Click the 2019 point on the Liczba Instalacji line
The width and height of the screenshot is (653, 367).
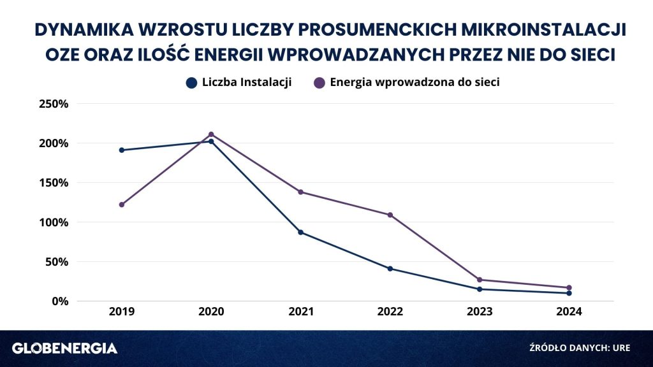tap(122, 150)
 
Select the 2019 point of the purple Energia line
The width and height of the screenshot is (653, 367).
tap(122, 205)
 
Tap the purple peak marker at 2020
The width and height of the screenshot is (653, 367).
tap(211, 134)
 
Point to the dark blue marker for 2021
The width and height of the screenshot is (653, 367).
tap(301, 232)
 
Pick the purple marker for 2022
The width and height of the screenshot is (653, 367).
tap(390, 215)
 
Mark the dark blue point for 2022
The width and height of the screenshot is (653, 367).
tap(390, 269)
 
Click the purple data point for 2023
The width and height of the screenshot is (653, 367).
tap(480, 280)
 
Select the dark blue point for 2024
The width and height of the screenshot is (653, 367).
tap(569, 293)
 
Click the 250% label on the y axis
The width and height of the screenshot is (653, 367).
tap(54, 104)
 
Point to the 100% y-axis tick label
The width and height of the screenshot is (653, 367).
tap(54, 222)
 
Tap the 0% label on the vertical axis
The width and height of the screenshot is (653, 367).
tap(60, 301)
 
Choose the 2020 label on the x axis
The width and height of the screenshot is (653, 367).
tap(211, 312)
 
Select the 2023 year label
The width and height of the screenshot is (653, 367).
tap(480, 312)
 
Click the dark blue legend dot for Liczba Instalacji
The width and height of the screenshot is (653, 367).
tap(191, 83)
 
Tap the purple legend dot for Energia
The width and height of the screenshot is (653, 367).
tap(319, 83)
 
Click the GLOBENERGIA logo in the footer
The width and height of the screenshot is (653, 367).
tap(64, 349)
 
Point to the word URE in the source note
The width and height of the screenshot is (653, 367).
tap(621, 348)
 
